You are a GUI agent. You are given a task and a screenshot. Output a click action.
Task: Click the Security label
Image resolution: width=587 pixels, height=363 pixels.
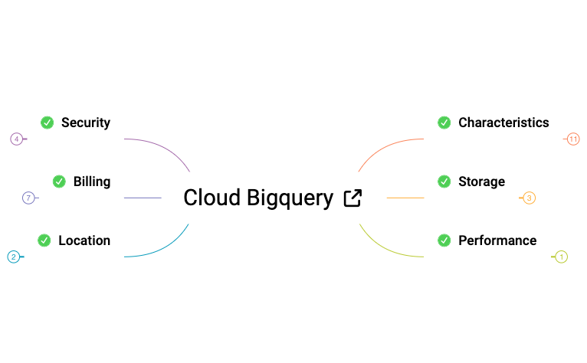click(x=86, y=123)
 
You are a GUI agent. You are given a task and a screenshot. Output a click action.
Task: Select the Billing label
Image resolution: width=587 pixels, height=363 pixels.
click(x=92, y=181)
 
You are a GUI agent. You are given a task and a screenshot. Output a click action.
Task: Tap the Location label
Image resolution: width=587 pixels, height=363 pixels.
click(x=84, y=240)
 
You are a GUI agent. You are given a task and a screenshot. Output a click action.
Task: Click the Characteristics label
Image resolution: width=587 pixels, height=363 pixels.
click(x=503, y=123)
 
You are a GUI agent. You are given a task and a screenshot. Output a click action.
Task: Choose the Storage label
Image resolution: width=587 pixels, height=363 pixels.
click(x=481, y=181)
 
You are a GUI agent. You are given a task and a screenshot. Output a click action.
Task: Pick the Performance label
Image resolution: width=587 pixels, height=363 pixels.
click(x=497, y=240)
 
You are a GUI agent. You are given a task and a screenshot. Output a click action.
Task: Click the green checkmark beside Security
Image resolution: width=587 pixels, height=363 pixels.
click(x=48, y=123)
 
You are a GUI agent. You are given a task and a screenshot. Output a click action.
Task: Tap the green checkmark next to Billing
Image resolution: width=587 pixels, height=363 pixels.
click(x=59, y=181)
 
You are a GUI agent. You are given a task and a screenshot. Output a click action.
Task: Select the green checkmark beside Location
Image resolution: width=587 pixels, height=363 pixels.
click(x=44, y=240)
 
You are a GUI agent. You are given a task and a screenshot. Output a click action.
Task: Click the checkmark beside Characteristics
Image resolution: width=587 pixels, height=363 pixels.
click(x=444, y=123)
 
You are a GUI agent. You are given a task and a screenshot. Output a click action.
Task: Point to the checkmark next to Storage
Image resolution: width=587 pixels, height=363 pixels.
click(x=444, y=181)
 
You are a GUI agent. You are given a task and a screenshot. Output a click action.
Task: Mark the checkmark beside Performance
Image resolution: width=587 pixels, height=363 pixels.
click(x=444, y=240)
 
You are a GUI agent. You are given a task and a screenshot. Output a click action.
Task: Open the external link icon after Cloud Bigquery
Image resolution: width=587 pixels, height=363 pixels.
click(x=353, y=198)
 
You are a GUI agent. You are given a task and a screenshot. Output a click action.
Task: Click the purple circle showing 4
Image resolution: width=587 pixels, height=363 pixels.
click(x=16, y=139)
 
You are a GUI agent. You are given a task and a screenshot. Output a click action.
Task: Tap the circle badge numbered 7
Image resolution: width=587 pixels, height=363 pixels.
click(x=28, y=198)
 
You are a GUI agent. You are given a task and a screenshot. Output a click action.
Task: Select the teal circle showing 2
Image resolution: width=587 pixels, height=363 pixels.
click(x=13, y=257)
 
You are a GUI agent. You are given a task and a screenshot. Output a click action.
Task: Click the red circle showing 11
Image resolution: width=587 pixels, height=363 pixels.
click(x=573, y=139)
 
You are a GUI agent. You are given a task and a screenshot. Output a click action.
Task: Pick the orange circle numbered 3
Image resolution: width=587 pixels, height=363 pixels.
click(x=530, y=198)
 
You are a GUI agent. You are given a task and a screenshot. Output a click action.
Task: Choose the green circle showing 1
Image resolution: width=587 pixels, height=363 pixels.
click(x=562, y=257)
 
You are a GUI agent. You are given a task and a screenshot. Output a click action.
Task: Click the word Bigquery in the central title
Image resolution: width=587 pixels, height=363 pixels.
click(x=290, y=198)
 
